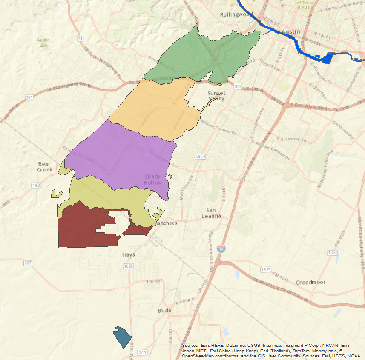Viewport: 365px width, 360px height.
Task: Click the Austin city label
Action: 291,32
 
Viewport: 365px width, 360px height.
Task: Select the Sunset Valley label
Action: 216,96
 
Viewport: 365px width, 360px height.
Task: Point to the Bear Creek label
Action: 45,166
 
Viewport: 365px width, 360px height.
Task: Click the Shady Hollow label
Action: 153,180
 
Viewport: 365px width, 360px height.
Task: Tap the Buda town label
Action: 164,311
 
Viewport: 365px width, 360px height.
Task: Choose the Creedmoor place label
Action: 310,282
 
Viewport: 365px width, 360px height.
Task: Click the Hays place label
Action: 128,254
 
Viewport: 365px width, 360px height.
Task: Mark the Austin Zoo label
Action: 43,43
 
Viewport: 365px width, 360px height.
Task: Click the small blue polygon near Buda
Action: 123,337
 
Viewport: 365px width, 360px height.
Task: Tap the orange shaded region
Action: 153,109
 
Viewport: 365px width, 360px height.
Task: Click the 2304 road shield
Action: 200,157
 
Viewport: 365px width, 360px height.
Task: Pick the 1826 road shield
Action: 37,185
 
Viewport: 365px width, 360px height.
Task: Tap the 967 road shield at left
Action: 28,263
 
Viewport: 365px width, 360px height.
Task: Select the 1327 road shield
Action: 266,270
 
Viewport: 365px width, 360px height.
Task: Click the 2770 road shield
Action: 143,353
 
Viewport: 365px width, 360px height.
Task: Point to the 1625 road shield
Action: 333,253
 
